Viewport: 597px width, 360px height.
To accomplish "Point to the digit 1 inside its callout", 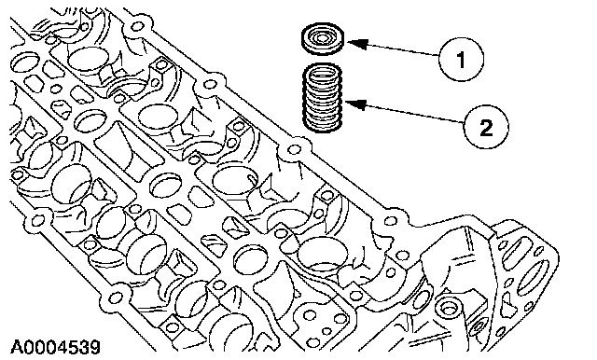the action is tap(461, 60).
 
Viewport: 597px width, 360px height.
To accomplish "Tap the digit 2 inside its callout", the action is tap(486, 127).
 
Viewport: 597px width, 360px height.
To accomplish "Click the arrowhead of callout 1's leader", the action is tap(357, 44).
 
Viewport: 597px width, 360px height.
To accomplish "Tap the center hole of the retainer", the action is tap(323, 37).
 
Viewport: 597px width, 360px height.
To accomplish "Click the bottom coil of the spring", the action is tap(322, 128).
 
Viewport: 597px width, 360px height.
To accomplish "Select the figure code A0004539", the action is tap(55, 346).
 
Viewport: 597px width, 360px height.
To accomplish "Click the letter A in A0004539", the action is tap(17, 346).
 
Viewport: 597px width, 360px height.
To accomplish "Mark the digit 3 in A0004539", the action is tap(83, 346).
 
